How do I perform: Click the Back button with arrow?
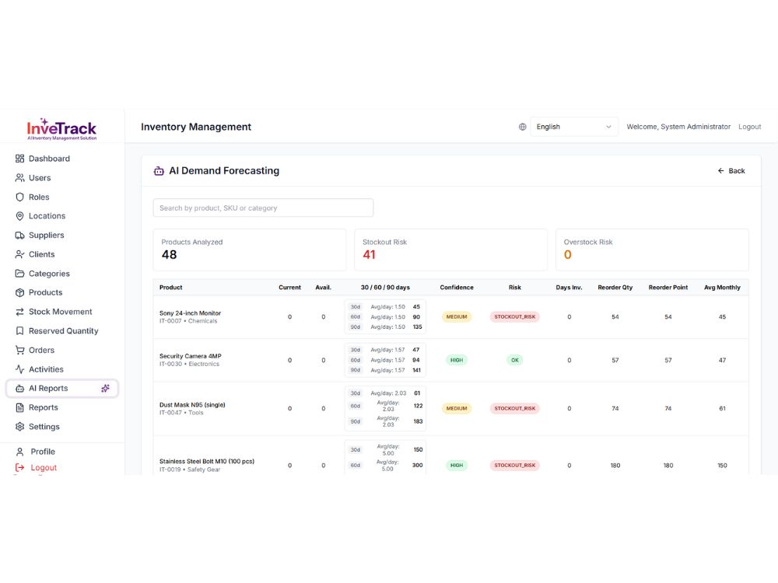pyautogui.click(x=731, y=171)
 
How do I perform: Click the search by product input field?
pyautogui.click(x=263, y=208)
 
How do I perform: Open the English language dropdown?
pyautogui.click(x=574, y=127)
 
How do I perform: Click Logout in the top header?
pyautogui.click(x=749, y=127)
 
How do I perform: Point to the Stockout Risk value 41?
pyautogui.click(x=369, y=255)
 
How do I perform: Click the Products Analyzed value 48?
pyautogui.click(x=169, y=255)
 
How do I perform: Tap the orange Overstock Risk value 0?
pyautogui.click(x=568, y=255)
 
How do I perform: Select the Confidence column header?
pyautogui.click(x=457, y=288)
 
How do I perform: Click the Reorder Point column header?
pyautogui.click(x=668, y=288)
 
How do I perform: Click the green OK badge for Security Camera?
pyautogui.click(x=515, y=361)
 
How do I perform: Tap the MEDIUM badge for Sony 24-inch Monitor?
pyautogui.click(x=457, y=317)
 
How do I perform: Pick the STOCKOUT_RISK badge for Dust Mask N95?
pyautogui.click(x=514, y=409)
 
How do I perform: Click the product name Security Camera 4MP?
pyautogui.click(x=190, y=356)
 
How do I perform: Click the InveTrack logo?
pyautogui.click(x=61, y=129)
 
